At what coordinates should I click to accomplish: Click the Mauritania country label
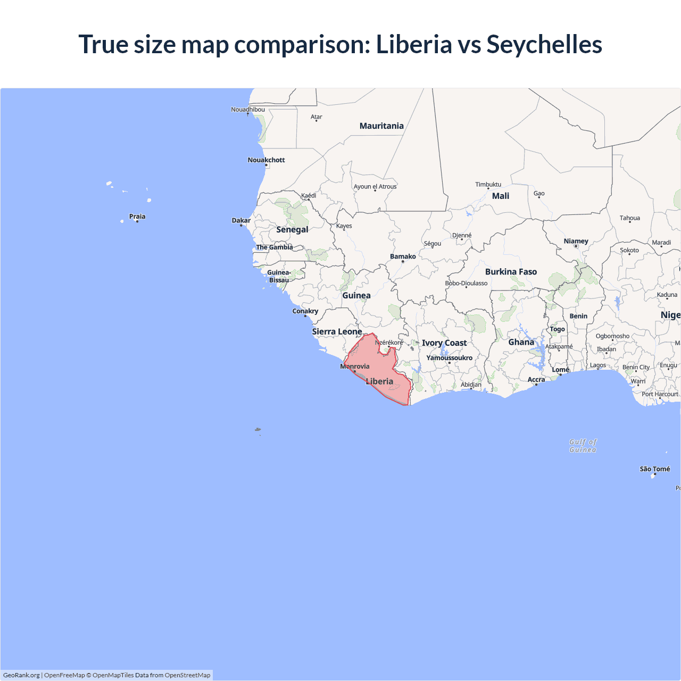[381, 126]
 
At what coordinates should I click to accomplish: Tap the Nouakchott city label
[266, 160]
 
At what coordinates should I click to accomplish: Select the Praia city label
[137, 217]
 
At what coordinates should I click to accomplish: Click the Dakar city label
[241, 220]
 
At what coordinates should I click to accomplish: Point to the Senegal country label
[292, 230]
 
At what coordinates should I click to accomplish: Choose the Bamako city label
[403, 256]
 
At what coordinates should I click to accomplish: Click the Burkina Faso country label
[511, 272]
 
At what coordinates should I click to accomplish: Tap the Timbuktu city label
[488, 185]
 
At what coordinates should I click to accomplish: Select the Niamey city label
[576, 241]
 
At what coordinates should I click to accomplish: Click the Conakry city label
[305, 311]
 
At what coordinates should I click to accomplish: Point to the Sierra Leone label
[337, 332]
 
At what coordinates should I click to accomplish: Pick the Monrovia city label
[355, 367]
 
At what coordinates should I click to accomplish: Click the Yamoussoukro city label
[449, 358]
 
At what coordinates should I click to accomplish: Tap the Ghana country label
[521, 343]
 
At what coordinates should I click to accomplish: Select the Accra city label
[536, 380]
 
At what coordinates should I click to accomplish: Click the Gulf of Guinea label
[583, 446]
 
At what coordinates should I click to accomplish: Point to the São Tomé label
[654, 469]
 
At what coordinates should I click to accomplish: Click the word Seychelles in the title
[544, 44]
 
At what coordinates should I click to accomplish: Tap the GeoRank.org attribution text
[21, 675]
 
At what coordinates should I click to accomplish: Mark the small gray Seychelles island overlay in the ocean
[258, 429]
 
